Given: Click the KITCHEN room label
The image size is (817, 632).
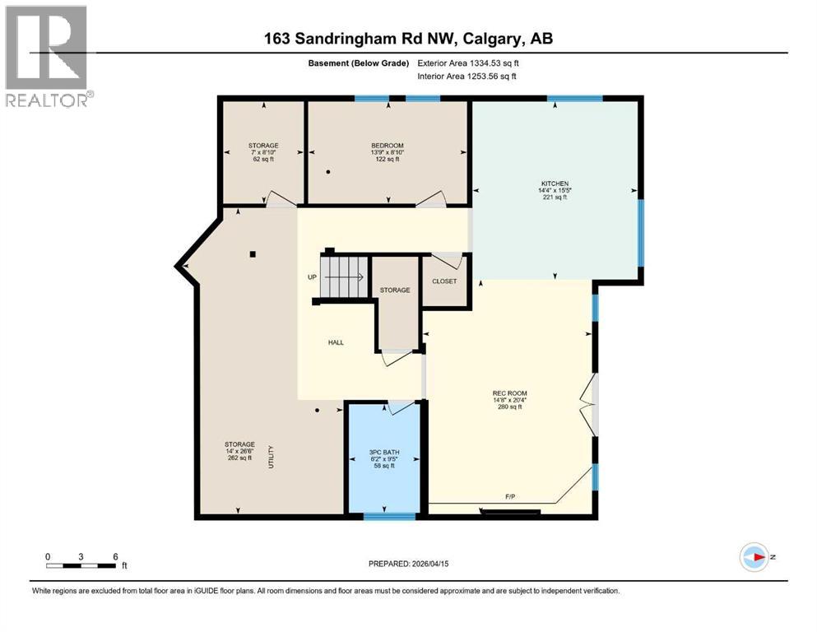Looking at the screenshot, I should (555, 184).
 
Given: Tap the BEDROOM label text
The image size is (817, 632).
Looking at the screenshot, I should (387, 146).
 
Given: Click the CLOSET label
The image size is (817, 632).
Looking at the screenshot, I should (444, 281).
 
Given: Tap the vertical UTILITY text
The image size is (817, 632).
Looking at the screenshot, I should (271, 458).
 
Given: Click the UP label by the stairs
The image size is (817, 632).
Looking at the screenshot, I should (312, 277).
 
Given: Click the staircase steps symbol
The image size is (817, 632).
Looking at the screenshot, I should (344, 276).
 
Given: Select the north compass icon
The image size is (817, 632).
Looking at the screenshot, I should (754, 557).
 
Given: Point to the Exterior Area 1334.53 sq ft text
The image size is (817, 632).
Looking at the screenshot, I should (469, 63).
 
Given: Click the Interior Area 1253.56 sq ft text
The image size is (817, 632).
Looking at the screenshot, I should (467, 77).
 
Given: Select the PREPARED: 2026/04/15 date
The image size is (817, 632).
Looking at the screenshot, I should (412, 563).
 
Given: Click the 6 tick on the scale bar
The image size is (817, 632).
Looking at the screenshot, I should (115, 556).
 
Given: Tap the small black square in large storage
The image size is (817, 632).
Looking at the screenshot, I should (255, 253).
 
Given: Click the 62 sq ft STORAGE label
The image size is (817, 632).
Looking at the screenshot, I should (263, 152).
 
